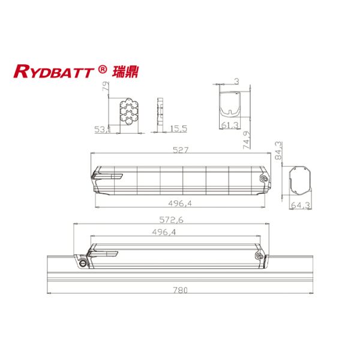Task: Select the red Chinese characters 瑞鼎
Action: pyautogui.click(x=122, y=71)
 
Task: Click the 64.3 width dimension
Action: pyautogui.click(x=299, y=206)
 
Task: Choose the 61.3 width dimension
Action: pyautogui.click(x=229, y=125)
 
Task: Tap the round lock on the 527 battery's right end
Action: pyautogui.click(x=262, y=178)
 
